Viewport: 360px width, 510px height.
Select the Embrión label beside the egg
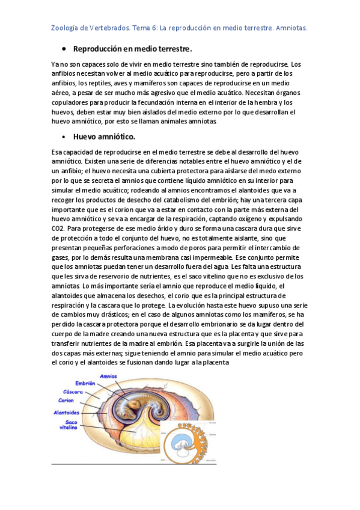(x=85, y=383)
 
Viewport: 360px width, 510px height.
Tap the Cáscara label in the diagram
(x=75, y=392)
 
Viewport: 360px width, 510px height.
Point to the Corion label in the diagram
(x=66, y=400)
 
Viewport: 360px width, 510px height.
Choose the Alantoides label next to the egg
(x=66, y=413)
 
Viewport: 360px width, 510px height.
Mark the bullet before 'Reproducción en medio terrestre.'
(x=64, y=49)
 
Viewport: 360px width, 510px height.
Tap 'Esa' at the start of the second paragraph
(x=57, y=153)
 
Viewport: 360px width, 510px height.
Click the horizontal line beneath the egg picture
(x=133, y=464)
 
